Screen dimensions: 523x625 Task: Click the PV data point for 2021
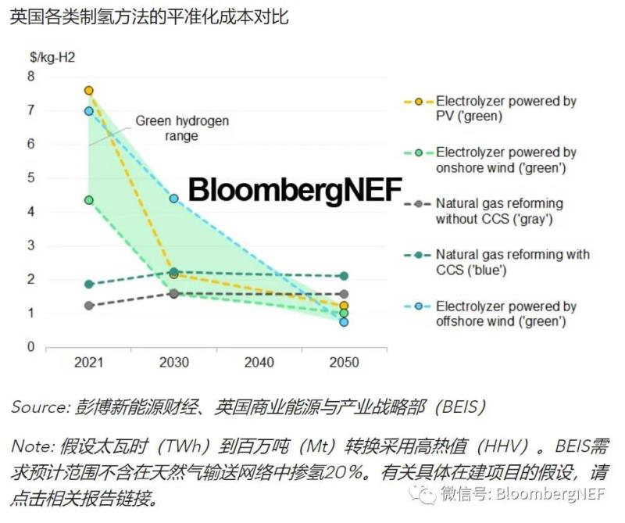coord(88,91)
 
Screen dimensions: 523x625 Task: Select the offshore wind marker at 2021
coord(88,111)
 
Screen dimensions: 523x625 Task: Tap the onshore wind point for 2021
coord(88,200)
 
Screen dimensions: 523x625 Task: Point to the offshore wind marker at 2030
coord(173,199)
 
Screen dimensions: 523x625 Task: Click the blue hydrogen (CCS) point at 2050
coord(344,276)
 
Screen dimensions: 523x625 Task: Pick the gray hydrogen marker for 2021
coord(88,306)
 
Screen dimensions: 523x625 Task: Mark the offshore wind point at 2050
coord(344,321)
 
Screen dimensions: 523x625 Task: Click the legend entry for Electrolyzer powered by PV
coord(505,109)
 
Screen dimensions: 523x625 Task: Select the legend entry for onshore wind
coord(505,159)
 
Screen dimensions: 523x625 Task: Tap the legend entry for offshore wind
coord(505,313)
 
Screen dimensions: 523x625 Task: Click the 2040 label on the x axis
coord(259,363)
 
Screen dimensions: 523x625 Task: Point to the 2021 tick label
coord(88,363)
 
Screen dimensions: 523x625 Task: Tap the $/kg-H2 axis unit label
coord(52,57)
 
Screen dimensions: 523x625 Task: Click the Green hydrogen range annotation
coord(182,128)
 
